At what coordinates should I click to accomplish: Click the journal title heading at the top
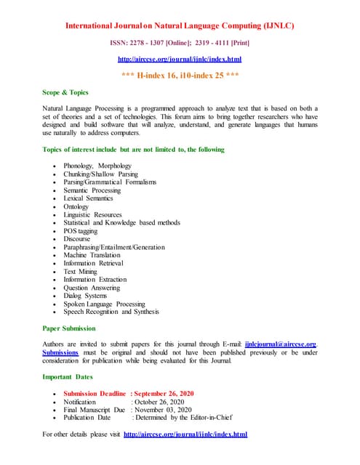[180, 25]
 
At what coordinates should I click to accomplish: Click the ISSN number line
[180, 43]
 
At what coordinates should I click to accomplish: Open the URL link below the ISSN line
[180, 59]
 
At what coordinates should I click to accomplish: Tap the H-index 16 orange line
[180, 75]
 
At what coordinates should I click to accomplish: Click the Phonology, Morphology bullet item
[97, 166]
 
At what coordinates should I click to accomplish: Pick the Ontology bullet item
[76, 206]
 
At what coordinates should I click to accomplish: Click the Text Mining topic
[80, 271]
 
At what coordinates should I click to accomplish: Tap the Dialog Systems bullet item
[85, 296]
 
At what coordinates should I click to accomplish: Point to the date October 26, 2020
[158, 402]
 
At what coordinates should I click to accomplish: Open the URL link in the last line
[185, 434]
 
